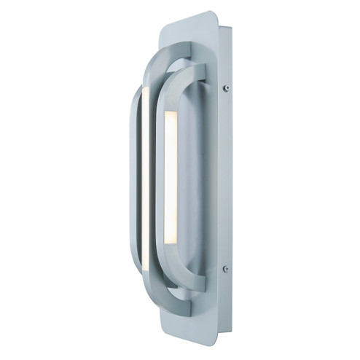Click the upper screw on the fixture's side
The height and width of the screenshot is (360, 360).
pyautogui.click(x=226, y=87)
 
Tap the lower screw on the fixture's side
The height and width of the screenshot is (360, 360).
pyautogui.click(x=225, y=268)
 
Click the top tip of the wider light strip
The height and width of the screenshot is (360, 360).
pyautogui.click(x=171, y=113)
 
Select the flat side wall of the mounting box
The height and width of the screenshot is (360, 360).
pyautogui.click(x=225, y=179)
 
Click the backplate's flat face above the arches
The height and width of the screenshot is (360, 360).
pyautogui.click(x=186, y=33)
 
